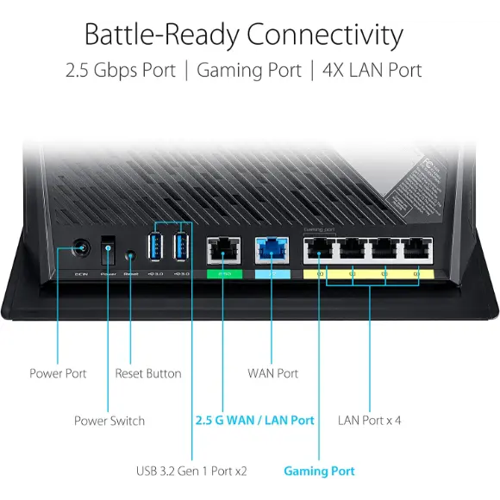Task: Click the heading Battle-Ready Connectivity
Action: pyautogui.click(x=243, y=34)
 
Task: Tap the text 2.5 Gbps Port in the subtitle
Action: pyautogui.click(x=120, y=70)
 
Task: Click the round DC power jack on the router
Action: pyautogui.click(x=83, y=249)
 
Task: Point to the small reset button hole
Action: pyautogui.click(x=130, y=255)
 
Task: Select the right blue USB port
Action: pyautogui.click(x=182, y=247)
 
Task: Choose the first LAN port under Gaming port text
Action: pyautogui.click(x=318, y=249)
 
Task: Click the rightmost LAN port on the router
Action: pyautogui.click(x=416, y=249)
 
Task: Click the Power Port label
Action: pyautogui.click(x=58, y=373)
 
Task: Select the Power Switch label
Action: pyautogui.click(x=109, y=421)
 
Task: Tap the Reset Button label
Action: pyautogui.click(x=148, y=373)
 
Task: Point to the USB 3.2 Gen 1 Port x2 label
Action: pyautogui.click(x=191, y=471)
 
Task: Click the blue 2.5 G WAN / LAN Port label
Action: pyautogui.click(x=253, y=420)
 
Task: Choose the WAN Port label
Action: pyautogui.click(x=272, y=373)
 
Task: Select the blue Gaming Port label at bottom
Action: pyautogui.click(x=319, y=471)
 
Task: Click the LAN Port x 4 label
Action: pyautogui.click(x=370, y=420)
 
